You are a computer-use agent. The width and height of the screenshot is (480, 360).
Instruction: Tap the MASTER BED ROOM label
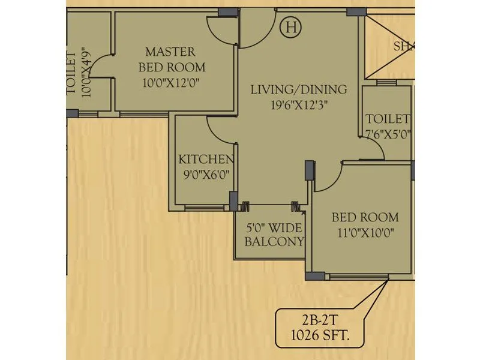pyautogui.click(x=172, y=59)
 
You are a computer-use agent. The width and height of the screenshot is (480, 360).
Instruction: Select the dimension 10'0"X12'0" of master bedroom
pyautogui.click(x=172, y=83)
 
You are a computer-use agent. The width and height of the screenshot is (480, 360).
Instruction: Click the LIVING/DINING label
pyautogui.click(x=298, y=89)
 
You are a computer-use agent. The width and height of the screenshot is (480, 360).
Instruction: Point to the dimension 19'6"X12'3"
pyautogui.click(x=298, y=103)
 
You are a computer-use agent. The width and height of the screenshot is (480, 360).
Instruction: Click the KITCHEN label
pyautogui.click(x=206, y=160)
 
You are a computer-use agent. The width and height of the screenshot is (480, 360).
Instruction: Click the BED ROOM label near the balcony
pyautogui.click(x=365, y=217)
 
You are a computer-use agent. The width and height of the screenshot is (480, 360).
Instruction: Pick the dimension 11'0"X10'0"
pyautogui.click(x=365, y=232)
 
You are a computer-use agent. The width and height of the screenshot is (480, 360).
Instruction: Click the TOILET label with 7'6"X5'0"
pyautogui.click(x=388, y=119)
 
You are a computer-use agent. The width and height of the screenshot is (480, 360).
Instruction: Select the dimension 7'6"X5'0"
pyautogui.click(x=388, y=134)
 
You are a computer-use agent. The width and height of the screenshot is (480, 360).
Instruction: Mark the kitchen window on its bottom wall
pyautogui.click(x=203, y=208)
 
